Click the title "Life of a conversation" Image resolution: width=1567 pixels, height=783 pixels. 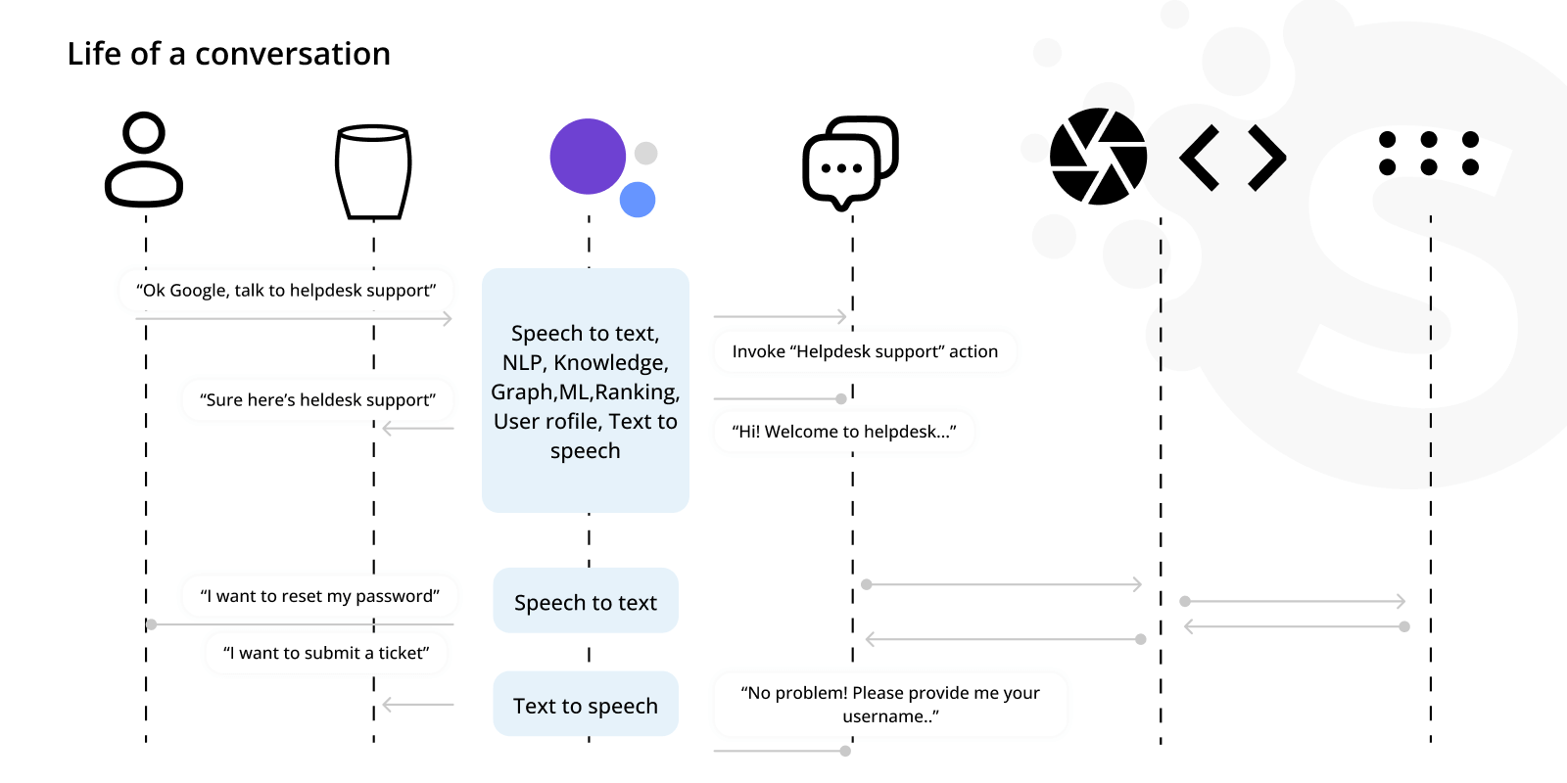[228, 54]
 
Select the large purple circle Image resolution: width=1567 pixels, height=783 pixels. [588, 157]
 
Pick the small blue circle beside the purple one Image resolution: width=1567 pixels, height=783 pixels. [638, 200]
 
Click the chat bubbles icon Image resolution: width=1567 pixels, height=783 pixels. [850, 162]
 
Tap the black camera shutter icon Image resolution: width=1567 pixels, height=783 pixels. [1098, 157]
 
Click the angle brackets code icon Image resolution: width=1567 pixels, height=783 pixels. [1233, 158]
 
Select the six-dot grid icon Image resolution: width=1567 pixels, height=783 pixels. [1428, 154]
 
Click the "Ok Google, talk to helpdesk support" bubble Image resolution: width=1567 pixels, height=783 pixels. [286, 291]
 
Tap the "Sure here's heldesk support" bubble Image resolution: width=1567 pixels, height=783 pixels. [317, 400]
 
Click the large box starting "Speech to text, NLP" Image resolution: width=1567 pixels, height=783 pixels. [586, 391]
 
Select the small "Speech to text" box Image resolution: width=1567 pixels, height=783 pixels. [586, 603]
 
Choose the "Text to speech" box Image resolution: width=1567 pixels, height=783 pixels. [586, 706]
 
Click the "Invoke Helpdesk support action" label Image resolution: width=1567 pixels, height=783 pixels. [865, 352]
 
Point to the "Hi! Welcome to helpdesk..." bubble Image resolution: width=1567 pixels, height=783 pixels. [843, 432]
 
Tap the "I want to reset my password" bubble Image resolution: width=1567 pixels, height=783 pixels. [319, 596]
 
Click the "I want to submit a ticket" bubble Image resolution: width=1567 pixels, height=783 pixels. [326, 653]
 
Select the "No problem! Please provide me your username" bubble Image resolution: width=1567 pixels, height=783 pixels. [890, 705]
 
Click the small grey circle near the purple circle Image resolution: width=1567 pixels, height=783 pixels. [645, 153]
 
